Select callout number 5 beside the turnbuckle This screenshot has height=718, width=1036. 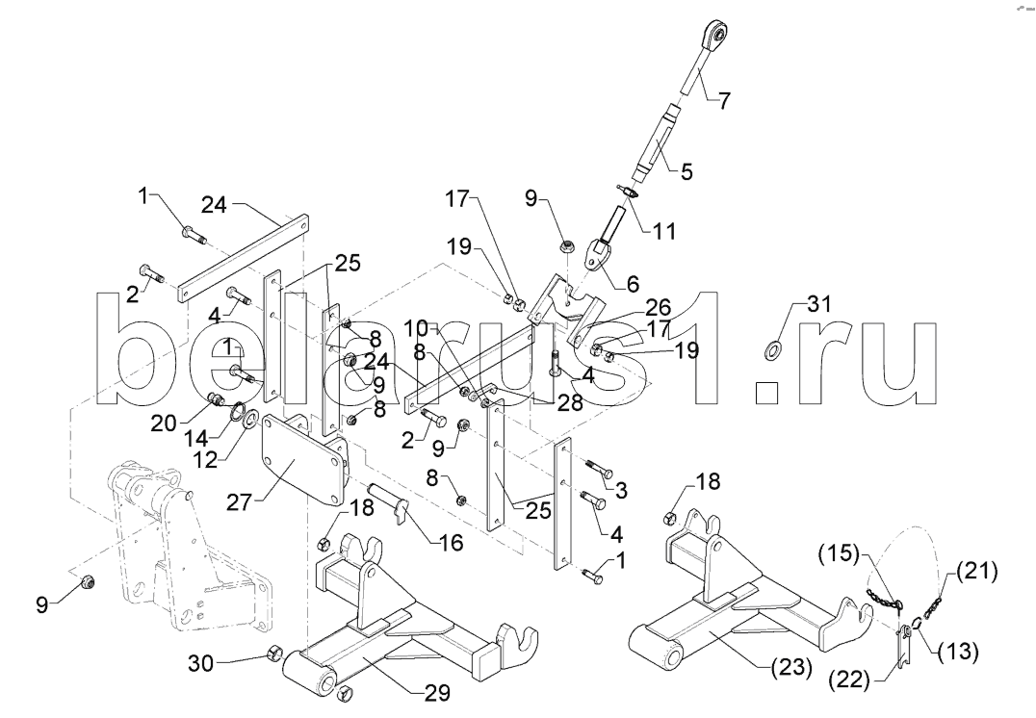point(713,173)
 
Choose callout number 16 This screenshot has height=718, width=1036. point(451,544)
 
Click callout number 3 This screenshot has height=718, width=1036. point(621,490)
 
